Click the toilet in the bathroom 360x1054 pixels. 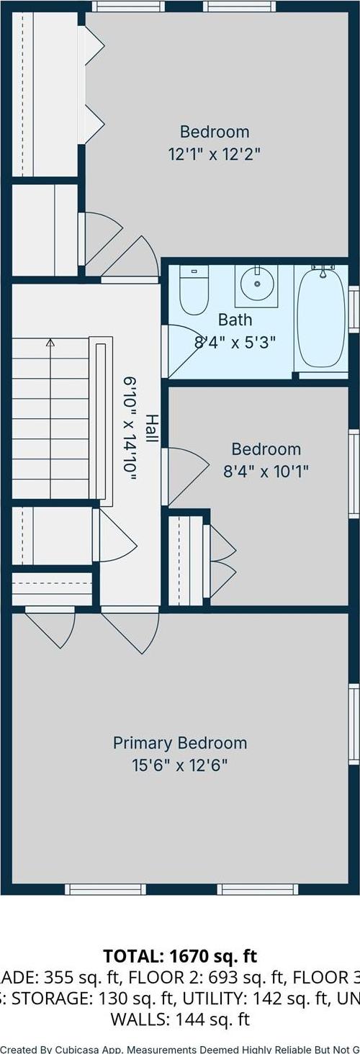click(194, 292)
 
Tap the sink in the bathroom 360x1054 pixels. click(256, 284)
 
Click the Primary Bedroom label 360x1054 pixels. click(179, 743)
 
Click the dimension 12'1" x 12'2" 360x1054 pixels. click(215, 153)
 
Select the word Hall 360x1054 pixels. click(152, 428)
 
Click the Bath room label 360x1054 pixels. click(235, 319)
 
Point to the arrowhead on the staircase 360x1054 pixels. click(50, 343)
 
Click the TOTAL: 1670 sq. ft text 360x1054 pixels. click(179, 956)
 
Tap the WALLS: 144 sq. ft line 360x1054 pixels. click(179, 1019)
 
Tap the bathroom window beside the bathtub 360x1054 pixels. click(354, 309)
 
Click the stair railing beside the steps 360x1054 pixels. click(101, 418)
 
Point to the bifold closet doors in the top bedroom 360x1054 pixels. click(94, 79)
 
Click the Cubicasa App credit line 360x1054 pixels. click(179, 1048)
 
